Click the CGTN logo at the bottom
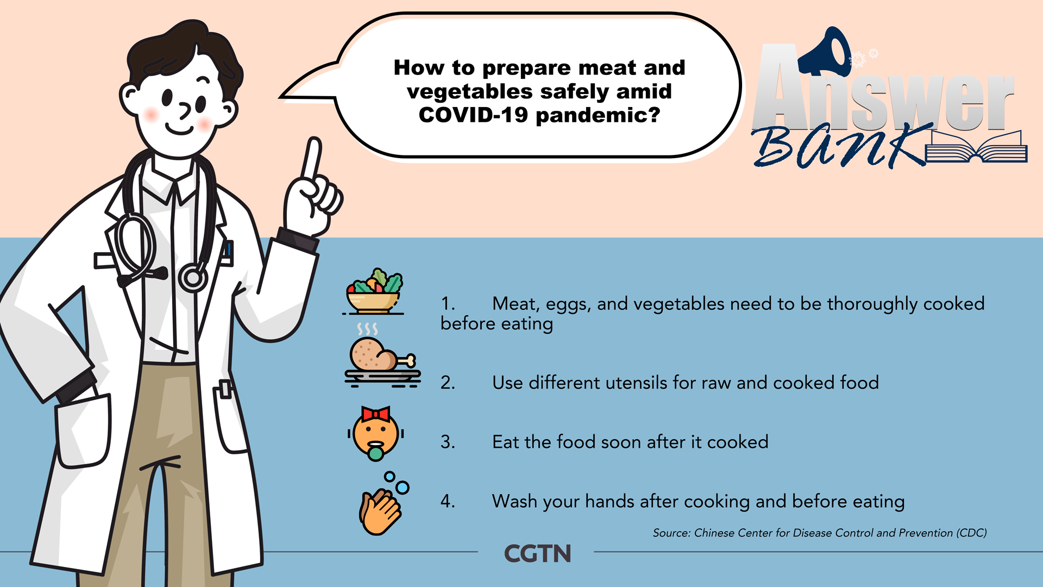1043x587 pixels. [x=537, y=553]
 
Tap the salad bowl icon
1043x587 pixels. [x=374, y=292]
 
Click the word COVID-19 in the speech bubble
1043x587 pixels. [x=473, y=115]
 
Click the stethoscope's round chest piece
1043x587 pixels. [x=193, y=278]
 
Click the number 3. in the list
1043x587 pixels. [x=448, y=442]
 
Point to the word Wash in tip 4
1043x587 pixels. [x=514, y=501]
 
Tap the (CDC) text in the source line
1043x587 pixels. [x=972, y=533]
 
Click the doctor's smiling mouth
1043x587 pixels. [x=180, y=129]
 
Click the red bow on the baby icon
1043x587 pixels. [x=376, y=414]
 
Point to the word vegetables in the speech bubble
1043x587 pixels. [x=470, y=92]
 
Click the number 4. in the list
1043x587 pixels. [x=448, y=501]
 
